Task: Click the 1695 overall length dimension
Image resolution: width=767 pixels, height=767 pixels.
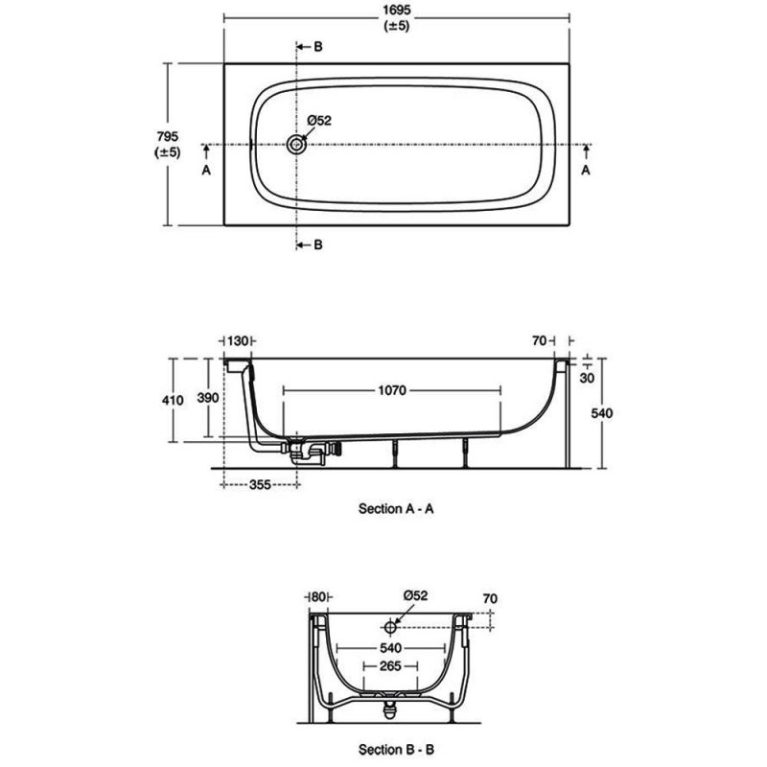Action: pos(396,11)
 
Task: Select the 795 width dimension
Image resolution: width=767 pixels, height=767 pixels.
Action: pos(167,136)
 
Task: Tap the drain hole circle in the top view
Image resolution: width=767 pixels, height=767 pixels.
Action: pos(296,145)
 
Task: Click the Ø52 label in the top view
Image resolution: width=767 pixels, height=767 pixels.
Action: pos(319,121)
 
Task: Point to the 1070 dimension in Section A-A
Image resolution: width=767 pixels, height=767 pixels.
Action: pos(392,390)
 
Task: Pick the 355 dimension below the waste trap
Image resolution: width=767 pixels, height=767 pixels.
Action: pos(260,484)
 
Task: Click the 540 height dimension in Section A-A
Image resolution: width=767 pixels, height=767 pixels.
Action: pos(601,413)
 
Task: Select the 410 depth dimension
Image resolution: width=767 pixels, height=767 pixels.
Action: pos(173,400)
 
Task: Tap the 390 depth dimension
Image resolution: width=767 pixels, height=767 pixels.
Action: pos(208,398)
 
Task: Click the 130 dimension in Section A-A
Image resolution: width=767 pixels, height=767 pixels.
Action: pos(238,340)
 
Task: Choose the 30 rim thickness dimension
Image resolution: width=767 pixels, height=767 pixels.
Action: pos(587,378)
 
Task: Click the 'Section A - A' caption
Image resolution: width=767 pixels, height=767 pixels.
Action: pos(396,509)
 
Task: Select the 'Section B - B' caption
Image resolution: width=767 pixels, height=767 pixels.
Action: pos(396,749)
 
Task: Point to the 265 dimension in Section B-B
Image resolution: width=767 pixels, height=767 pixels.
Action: pos(390,665)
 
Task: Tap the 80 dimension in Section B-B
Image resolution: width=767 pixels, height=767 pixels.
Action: pos(318,596)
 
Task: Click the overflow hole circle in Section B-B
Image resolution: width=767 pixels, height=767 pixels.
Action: pos(390,627)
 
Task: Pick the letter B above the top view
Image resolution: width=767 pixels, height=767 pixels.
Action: pos(318,47)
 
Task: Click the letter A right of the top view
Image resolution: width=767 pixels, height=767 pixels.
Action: pos(586,170)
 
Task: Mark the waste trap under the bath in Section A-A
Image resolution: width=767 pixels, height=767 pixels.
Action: pos(307,451)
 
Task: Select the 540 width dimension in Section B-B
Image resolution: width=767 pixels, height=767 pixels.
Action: pos(390,648)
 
